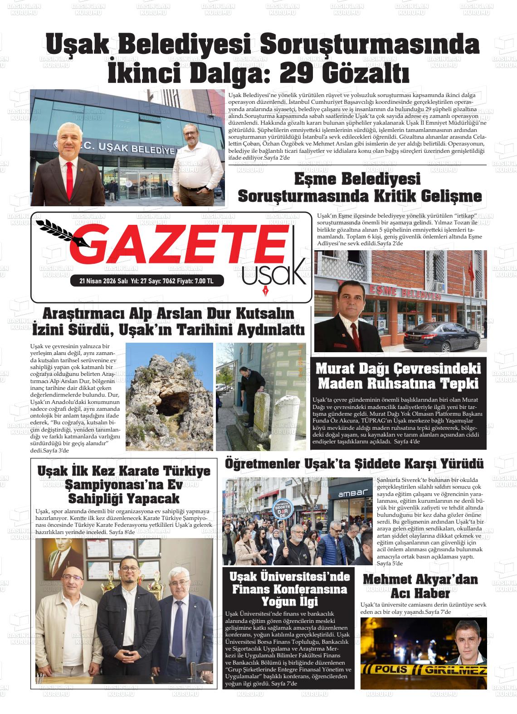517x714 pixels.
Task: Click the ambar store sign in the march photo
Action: tap(350, 493)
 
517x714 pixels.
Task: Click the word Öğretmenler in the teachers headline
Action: tap(263, 464)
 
